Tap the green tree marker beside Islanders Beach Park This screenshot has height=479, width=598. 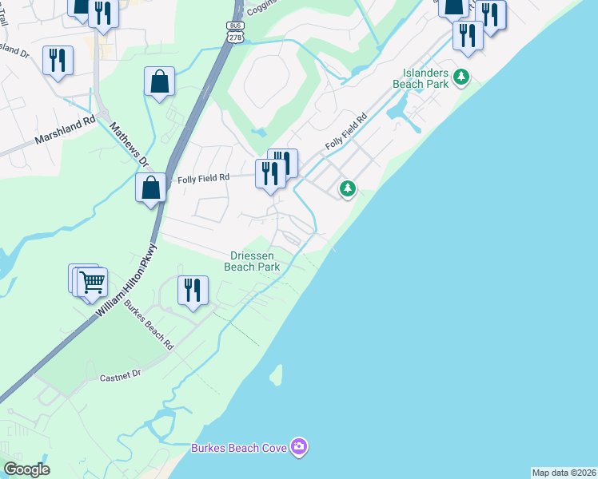(x=460, y=77)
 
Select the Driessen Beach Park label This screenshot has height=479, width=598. (x=255, y=261)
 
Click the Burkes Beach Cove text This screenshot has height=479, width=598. (x=238, y=448)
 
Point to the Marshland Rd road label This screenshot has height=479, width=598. (x=65, y=132)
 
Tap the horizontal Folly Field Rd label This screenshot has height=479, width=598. (x=203, y=178)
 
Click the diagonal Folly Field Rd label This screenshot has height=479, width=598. (x=345, y=133)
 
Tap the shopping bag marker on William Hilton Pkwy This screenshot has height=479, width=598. (x=150, y=189)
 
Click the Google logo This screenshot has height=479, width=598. (x=26, y=469)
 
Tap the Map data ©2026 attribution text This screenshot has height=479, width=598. (x=564, y=473)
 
